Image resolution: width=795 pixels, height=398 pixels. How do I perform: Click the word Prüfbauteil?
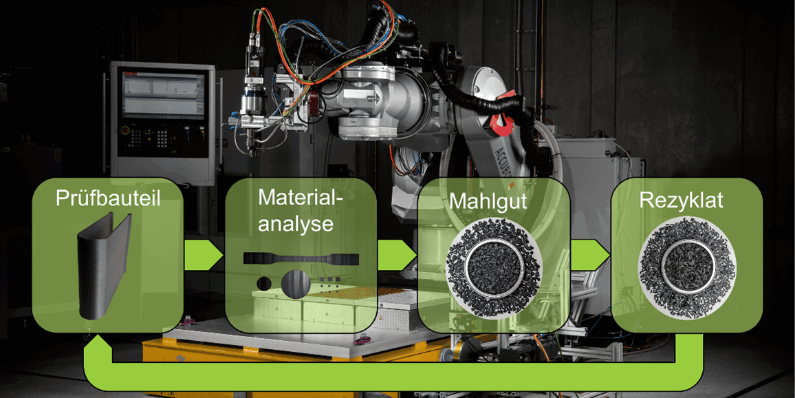pos(107,200)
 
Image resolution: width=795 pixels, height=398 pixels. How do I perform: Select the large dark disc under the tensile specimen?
pos(294,284)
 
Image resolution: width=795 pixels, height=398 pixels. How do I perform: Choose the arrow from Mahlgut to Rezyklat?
pos(591,254)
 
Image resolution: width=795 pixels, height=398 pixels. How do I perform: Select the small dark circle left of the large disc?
pos(263,283)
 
